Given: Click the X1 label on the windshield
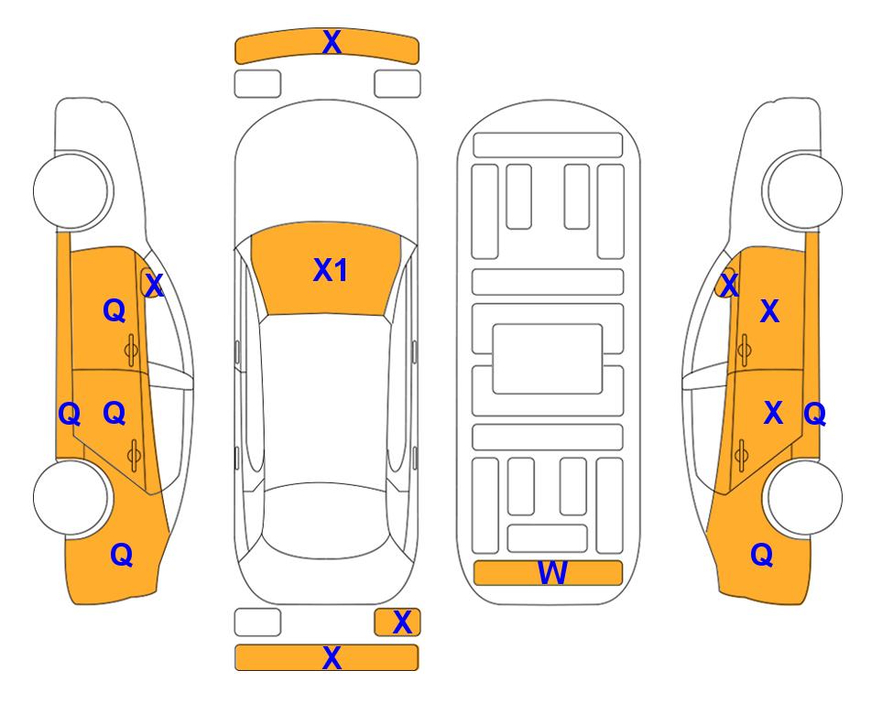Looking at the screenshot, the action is coord(331,270).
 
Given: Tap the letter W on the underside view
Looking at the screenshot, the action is coord(552,573).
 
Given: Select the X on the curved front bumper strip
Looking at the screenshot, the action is coord(332,42).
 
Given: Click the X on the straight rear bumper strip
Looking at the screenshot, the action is coord(332,657).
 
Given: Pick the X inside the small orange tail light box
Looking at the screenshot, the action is coord(402,622).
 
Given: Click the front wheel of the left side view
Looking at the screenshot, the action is coord(71,190).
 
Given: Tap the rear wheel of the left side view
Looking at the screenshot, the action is coord(71,497).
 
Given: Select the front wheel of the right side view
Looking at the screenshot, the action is coord(802,190).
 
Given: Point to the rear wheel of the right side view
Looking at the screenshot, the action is coord(802,497).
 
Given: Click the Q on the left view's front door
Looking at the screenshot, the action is coord(114,310).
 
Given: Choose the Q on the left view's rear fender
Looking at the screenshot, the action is coord(122,555).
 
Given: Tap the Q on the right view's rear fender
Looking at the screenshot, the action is coord(762,555).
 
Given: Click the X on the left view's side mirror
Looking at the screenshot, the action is coord(154,285).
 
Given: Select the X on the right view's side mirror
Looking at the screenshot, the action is coord(729,285).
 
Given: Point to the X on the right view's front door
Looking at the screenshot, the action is coord(769,311).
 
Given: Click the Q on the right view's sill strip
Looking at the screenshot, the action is coord(814,415).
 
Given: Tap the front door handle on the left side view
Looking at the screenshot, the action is coord(132,351).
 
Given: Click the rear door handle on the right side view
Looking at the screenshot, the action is coord(742,455).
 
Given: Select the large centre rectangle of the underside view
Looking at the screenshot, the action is coord(548,359).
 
